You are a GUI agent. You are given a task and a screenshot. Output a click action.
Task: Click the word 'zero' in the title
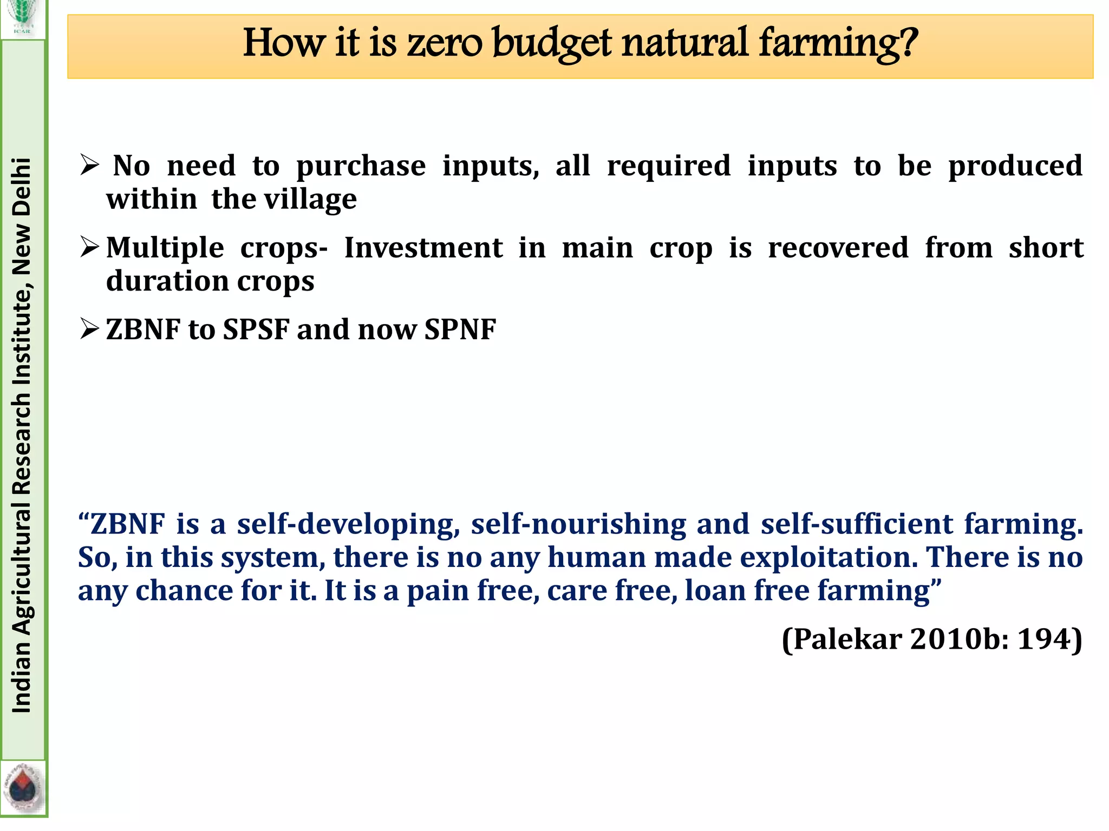(444, 43)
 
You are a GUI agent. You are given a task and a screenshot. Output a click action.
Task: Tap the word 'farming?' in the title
(838, 43)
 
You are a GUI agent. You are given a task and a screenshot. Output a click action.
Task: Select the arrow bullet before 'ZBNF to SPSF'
(89, 329)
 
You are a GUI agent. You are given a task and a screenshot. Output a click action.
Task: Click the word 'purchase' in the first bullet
(361, 166)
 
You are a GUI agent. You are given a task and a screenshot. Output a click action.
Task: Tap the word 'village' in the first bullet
(310, 199)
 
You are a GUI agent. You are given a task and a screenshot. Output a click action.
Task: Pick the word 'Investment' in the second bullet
(423, 248)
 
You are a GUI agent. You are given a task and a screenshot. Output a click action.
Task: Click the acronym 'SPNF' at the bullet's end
(460, 329)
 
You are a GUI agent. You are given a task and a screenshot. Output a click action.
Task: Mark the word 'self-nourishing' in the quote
(578, 524)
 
